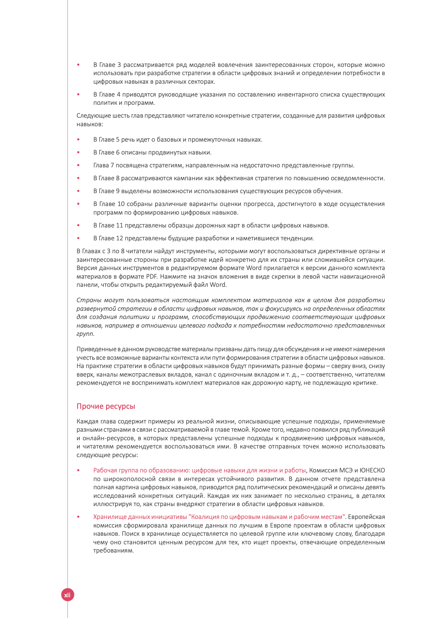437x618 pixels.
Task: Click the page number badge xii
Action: pos(67,595)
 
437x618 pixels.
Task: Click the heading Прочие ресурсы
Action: pos(105,406)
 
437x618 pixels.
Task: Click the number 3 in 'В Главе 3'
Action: pos(119,65)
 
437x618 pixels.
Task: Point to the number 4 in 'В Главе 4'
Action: pos(119,94)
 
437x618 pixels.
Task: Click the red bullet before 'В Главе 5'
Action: pos(79,139)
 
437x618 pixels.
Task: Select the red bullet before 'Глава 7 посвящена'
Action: pos(79,165)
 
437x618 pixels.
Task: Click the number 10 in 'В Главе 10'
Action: pos(121,204)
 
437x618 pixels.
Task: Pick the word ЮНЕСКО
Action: pos(372,470)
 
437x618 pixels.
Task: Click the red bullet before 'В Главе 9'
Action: pos(79,191)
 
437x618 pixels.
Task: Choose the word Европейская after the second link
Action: pos(367,517)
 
